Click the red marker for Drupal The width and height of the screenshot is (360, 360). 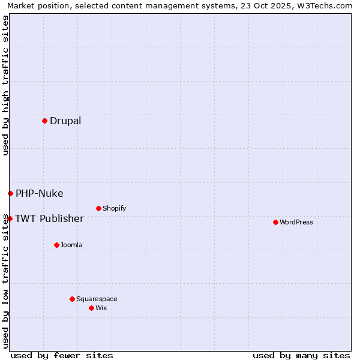tap(44, 121)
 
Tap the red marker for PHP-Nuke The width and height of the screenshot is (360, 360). tap(10, 193)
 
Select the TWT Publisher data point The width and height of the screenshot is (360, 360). tap(10, 218)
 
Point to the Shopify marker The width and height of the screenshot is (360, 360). tap(98, 208)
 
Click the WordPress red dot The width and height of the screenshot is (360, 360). tap(275, 222)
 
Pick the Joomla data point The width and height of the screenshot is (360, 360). tap(56, 245)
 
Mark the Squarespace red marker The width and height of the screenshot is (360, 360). tap(72, 299)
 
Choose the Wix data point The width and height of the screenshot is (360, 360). tap(91, 308)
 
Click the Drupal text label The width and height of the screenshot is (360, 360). tap(65, 121)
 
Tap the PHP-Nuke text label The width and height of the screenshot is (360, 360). tap(39, 193)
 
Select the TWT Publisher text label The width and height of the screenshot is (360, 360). tap(49, 218)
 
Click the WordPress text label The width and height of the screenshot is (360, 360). tap(296, 222)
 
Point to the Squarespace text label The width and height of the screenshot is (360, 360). tap(97, 299)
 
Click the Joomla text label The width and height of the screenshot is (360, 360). tap(71, 245)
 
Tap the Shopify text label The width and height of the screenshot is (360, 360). tap(114, 208)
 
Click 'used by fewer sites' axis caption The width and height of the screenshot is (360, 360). tap(62, 355)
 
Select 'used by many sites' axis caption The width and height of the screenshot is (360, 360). tap(301, 355)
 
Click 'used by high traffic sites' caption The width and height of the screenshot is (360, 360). tap(5, 85)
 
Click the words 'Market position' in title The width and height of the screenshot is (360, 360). tap(35, 6)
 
